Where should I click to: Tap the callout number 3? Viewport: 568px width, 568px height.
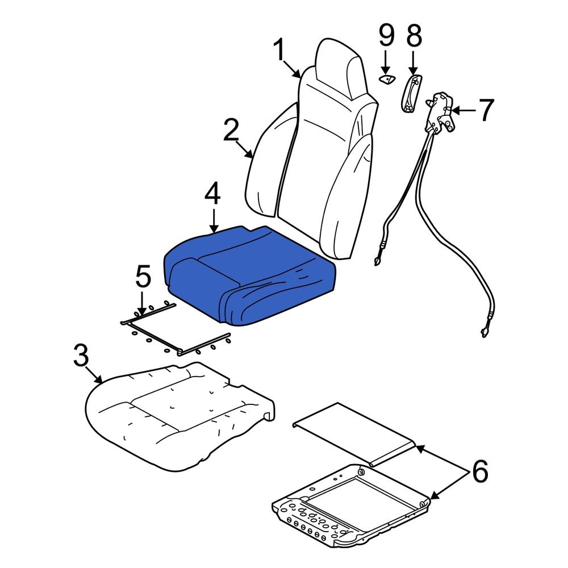click(81, 357)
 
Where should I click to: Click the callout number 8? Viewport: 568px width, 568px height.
click(414, 37)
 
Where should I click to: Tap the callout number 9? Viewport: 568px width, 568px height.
click(386, 37)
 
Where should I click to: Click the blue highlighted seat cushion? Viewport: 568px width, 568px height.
click(250, 273)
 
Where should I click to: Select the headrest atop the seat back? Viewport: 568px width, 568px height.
click(339, 68)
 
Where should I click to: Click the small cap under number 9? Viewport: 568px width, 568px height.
click(387, 78)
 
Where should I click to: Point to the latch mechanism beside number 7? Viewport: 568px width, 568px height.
click(441, 114)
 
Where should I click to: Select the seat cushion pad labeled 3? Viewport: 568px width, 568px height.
click(176, 415)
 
